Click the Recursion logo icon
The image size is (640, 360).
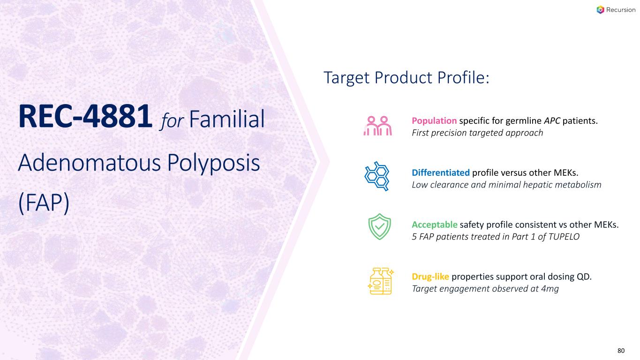(600, 10)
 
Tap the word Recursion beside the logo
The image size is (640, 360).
(621, 10)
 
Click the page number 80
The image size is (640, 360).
(621, 351)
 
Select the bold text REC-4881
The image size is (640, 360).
(85, 117)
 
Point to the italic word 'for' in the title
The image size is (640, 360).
(172, 120)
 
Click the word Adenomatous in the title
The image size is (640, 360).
(90, 163)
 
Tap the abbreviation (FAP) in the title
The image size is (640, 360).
(44, 202)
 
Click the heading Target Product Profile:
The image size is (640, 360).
(407, 78)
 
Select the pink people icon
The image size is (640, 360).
(378, 126)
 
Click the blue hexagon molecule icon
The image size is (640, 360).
(377, 176)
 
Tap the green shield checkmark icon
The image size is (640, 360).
(379, 226)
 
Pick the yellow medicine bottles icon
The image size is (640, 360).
(381, 281)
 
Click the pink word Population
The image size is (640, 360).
(434, 121)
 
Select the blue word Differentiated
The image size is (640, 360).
(441, 172)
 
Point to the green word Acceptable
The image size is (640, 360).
(435, 225)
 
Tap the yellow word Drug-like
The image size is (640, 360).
(430, 277)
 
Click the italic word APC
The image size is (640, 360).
(552, 120)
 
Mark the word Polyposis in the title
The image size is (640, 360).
(213, 163)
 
